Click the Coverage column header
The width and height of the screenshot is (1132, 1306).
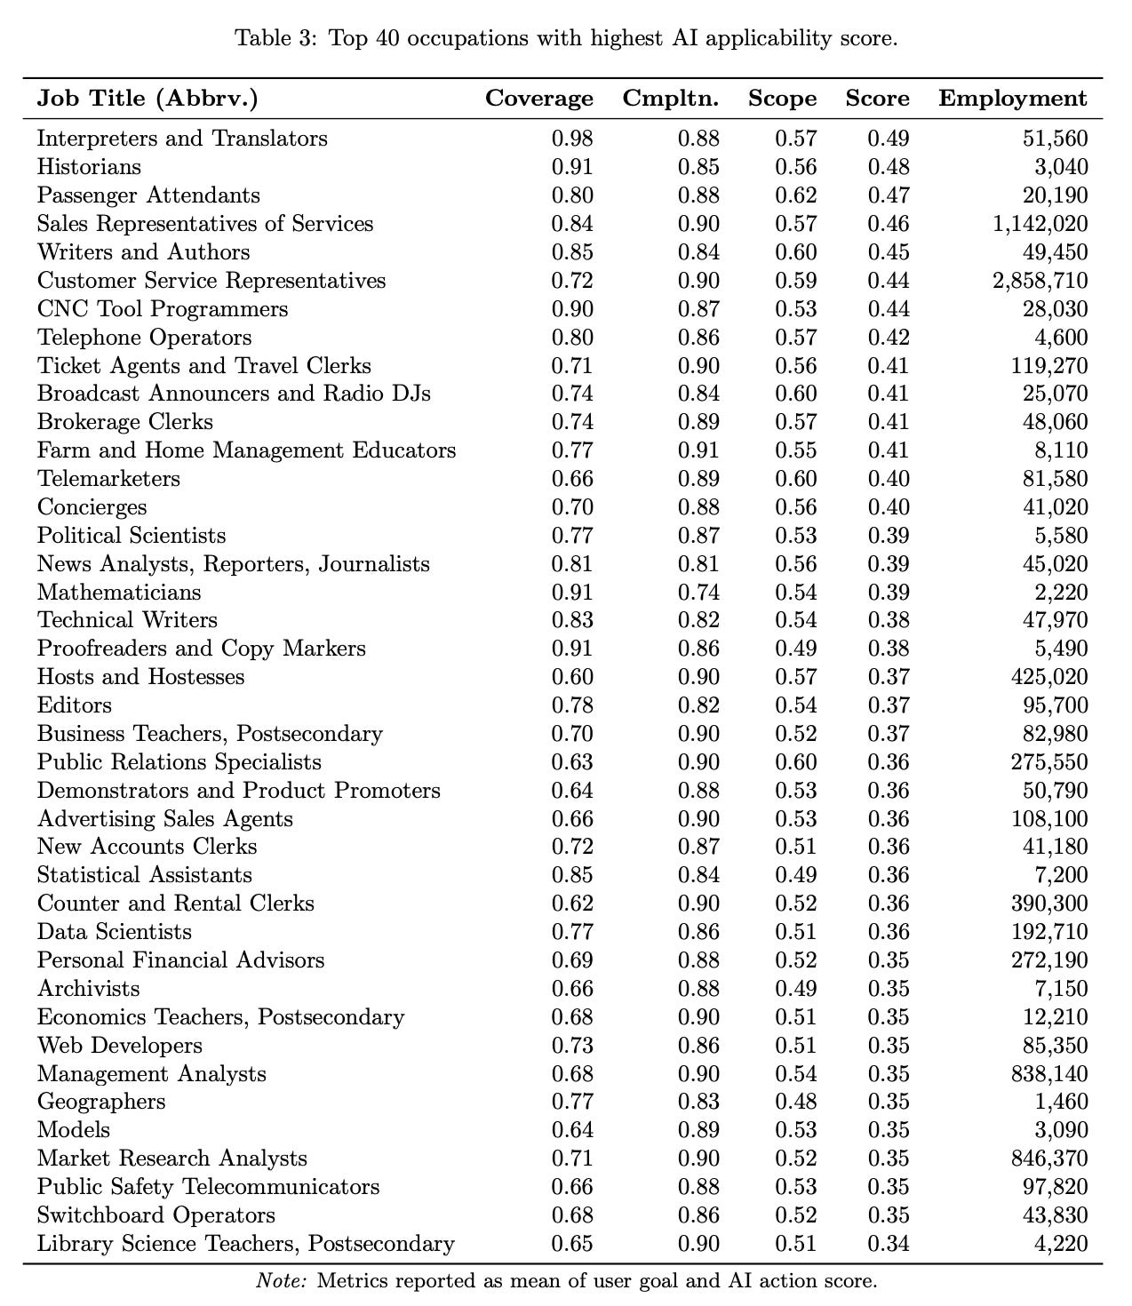click(x=538, y=99)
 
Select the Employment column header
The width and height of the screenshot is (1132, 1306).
click(x=1012, y=99)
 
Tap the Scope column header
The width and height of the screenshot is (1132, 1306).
click(x=782, y=99)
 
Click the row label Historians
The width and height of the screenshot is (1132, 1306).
click(x=89, y=167)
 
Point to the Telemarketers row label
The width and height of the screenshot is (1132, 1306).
click(x=108, y=479)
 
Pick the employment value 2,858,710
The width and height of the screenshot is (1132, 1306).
click(x=1040, y=281)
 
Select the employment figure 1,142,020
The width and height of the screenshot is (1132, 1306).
click(x=1040, y=224)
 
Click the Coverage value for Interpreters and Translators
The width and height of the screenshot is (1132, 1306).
click(x=572, y=139)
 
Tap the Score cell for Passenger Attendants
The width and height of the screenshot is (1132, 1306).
click(x=889, y=195)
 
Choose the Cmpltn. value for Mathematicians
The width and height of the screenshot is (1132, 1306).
click(x=698, y=593)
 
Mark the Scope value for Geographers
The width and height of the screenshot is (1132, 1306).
click(x=795, y=1103)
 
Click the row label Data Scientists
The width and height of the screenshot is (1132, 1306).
click(x=115, y=932)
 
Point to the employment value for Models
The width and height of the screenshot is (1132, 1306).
click(x=1064, y=1131)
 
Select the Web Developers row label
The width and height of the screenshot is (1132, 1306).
click(x=120, y=1046)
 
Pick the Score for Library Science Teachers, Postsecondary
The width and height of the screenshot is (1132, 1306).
click(x=889, y=1244)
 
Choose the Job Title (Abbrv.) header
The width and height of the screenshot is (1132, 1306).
click(x=147, y=99)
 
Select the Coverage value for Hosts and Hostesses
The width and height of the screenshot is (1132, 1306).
click(x=572, y=677)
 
